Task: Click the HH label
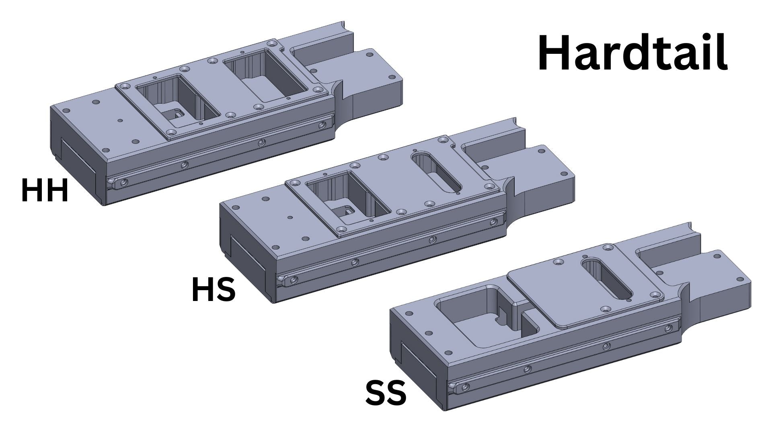[x=45, y=190]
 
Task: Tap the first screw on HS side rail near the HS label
[x=295, y=279]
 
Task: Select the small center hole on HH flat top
[x=120, y=120]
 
